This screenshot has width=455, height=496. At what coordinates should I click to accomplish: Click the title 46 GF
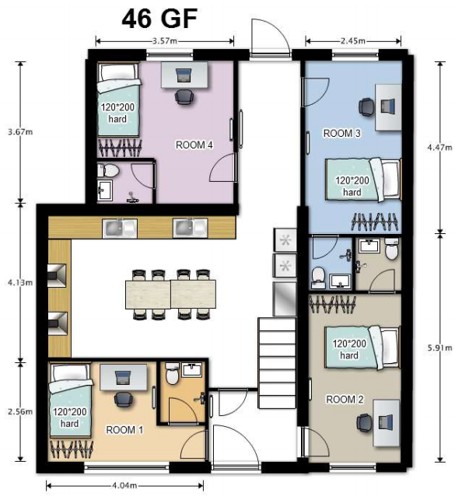[x=159, y=19]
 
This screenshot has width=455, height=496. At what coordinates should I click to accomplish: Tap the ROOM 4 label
[x=194, y=145]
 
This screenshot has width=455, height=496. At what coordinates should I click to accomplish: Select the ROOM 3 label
[x=341, y=133]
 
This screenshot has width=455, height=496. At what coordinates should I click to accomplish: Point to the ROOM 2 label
[x=345, y=400]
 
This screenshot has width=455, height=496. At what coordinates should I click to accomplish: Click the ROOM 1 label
[x=124, y=430]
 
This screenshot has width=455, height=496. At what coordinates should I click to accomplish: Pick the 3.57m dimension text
[x=165, y=40]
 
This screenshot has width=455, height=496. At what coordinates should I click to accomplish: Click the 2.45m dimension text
[x=353, y=40]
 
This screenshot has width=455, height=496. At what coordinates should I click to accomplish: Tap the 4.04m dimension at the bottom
[x=124, y=485]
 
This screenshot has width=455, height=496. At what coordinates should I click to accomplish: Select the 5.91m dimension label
[x=439, y=348]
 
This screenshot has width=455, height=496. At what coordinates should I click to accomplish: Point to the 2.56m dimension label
[x=20, y=411]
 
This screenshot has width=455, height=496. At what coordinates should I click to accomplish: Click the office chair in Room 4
[x=184, y=97]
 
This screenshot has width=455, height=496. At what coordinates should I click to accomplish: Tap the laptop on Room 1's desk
[x=123, y=378]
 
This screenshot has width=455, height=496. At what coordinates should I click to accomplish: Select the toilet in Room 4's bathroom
[x=108, y=170]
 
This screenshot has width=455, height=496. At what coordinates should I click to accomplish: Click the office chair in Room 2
[x=365, y=423]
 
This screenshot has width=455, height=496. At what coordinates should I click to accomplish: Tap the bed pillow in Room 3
[x=390, y=179]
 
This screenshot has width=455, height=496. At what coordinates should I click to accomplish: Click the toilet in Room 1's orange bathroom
[x=173, y=374]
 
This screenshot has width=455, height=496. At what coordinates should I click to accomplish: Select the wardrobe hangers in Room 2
[x=332, y=304]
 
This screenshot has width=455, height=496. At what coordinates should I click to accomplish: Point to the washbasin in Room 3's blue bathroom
[x=340, y=281]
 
